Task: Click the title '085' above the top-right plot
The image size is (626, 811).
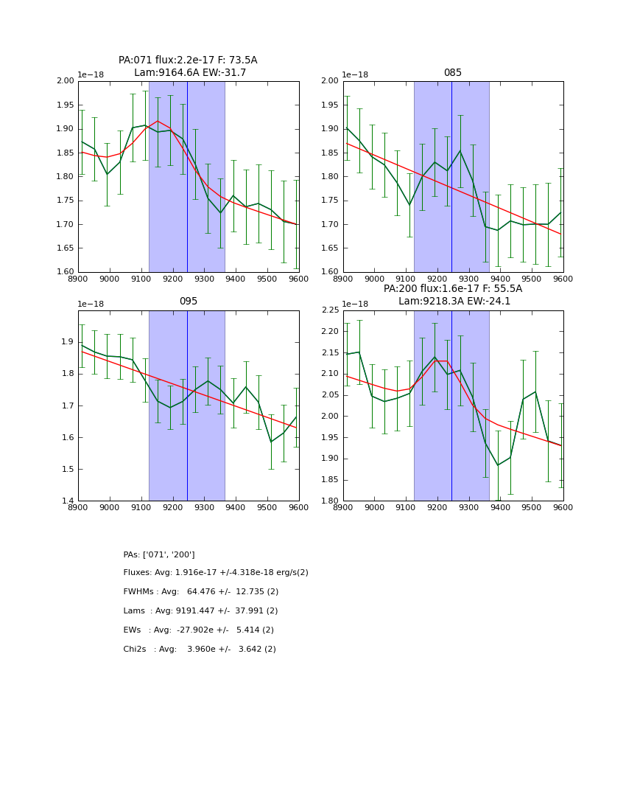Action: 452,73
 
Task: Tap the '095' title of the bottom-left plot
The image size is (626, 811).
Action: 188,302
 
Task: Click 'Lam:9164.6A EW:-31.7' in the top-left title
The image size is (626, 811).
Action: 190,73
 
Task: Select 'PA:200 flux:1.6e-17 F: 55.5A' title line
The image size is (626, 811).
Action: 452,289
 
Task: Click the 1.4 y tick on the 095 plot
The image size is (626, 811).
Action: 67,501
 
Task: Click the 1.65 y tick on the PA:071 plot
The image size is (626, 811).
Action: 65,248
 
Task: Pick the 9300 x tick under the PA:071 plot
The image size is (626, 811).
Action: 204,279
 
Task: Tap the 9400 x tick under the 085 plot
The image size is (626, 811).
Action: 500,279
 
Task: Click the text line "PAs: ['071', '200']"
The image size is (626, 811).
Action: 159,554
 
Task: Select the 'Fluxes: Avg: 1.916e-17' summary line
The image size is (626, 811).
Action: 216,573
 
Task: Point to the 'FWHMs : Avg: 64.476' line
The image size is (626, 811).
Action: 200,592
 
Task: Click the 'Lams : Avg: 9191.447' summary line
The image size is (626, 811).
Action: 200,611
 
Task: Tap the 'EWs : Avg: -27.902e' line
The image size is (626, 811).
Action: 198,630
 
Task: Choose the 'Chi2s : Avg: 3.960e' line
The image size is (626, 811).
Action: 200,650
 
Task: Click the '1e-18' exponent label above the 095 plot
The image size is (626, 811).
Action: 91,304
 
